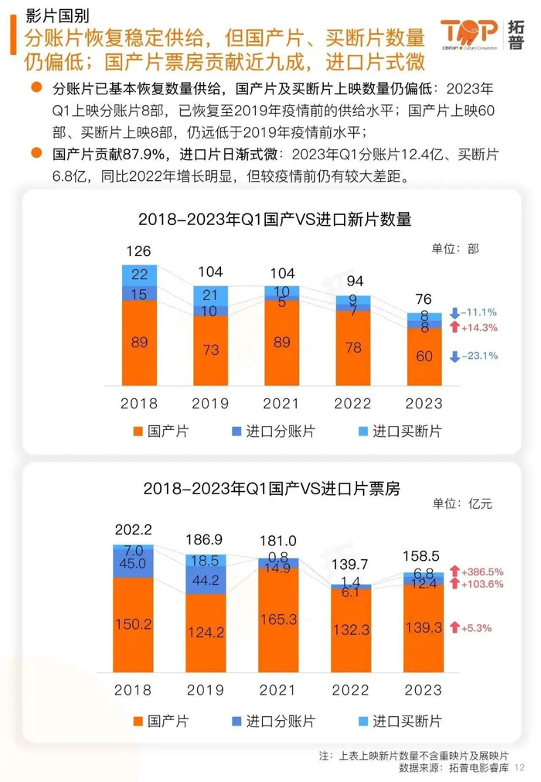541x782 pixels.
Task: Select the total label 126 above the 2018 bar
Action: (x=140, y=251)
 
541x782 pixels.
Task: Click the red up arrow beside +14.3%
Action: (x=455, y=327)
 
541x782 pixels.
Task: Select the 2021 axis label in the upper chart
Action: (x=281, y=403)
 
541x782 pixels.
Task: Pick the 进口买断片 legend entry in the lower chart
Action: (x=399, y=722)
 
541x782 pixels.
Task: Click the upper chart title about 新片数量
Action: (x=274, y=220)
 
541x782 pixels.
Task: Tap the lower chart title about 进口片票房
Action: (x=274, y=489)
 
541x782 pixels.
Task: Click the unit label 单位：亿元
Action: (x=461, y=504)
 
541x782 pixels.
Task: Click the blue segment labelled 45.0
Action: (x=140, y=564)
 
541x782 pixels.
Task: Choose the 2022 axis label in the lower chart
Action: (x=352, y=689)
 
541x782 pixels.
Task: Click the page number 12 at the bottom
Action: (x=519, y=767)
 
